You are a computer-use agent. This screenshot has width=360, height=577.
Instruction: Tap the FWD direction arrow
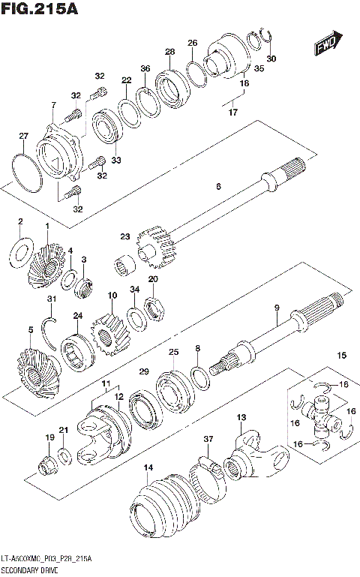327,44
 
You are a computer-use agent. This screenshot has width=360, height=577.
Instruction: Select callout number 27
22,136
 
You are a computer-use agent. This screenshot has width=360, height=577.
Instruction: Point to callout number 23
124,236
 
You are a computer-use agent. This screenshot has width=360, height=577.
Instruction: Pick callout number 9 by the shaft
276,307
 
